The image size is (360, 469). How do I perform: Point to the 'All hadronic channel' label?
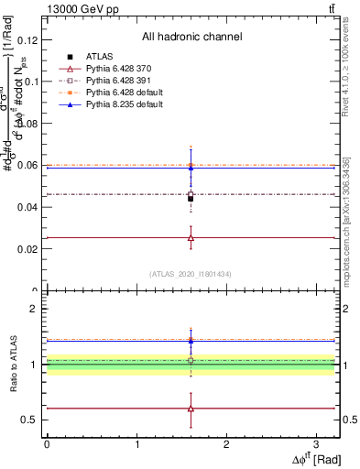(191, 37)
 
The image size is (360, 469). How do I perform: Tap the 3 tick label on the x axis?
(315, 442)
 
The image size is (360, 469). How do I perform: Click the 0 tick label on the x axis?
(47, 442)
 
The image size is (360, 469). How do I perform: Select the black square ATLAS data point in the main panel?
(191, 198)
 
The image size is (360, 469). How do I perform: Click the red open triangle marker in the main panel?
(191, 237)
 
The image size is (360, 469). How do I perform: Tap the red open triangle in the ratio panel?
(191, 409)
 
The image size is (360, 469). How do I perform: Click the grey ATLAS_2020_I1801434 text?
(191, 275)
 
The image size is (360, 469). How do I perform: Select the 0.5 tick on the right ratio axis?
(349, 420)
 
